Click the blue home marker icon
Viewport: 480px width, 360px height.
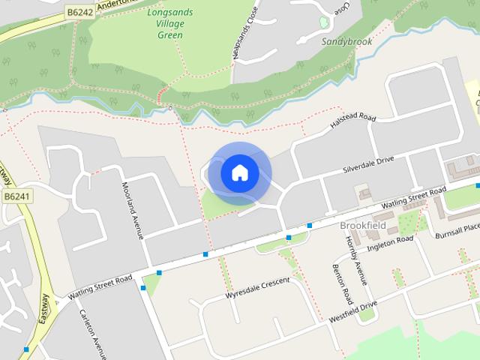(239, 173)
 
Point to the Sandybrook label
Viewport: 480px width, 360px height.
(346, 42)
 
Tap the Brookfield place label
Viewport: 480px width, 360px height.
(364, 225)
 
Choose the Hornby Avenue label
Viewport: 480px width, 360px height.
(357, 259)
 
